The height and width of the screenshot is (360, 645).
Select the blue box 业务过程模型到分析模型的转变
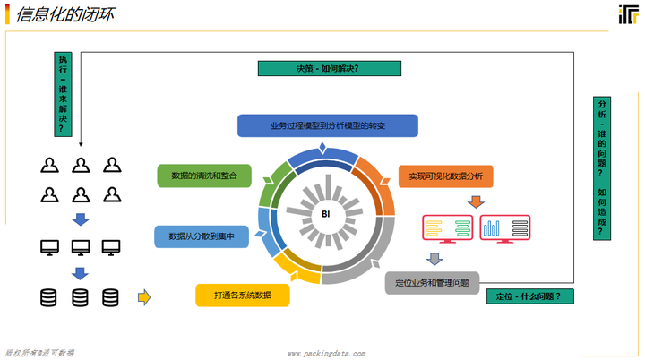pyautogui.click(x=327, y=126)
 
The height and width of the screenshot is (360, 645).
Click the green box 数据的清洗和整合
pyautogui.click(x=203, y=176)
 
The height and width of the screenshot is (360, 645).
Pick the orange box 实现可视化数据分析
pyautogui.click(x=445, y=176)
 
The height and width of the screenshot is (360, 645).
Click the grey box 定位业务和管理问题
pyautogui.click(x=433, y=283)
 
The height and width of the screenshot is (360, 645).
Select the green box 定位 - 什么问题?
pyautogui.click(x=529, y=296)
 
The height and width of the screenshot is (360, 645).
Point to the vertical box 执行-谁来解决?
pyautogui.click(x=62, y=93)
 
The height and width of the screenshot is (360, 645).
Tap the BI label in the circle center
pyautogui.click(x=326, y=214)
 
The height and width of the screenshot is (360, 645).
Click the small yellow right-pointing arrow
pyautogui.click(x=142, y=296)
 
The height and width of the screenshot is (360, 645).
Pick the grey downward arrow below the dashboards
pyautogui.click(x=434, y=259)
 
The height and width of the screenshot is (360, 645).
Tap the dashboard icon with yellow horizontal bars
pyautogui.click(x=448, y=228)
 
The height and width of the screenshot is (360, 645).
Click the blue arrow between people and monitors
pyautogui.click(x=80, y=219)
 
